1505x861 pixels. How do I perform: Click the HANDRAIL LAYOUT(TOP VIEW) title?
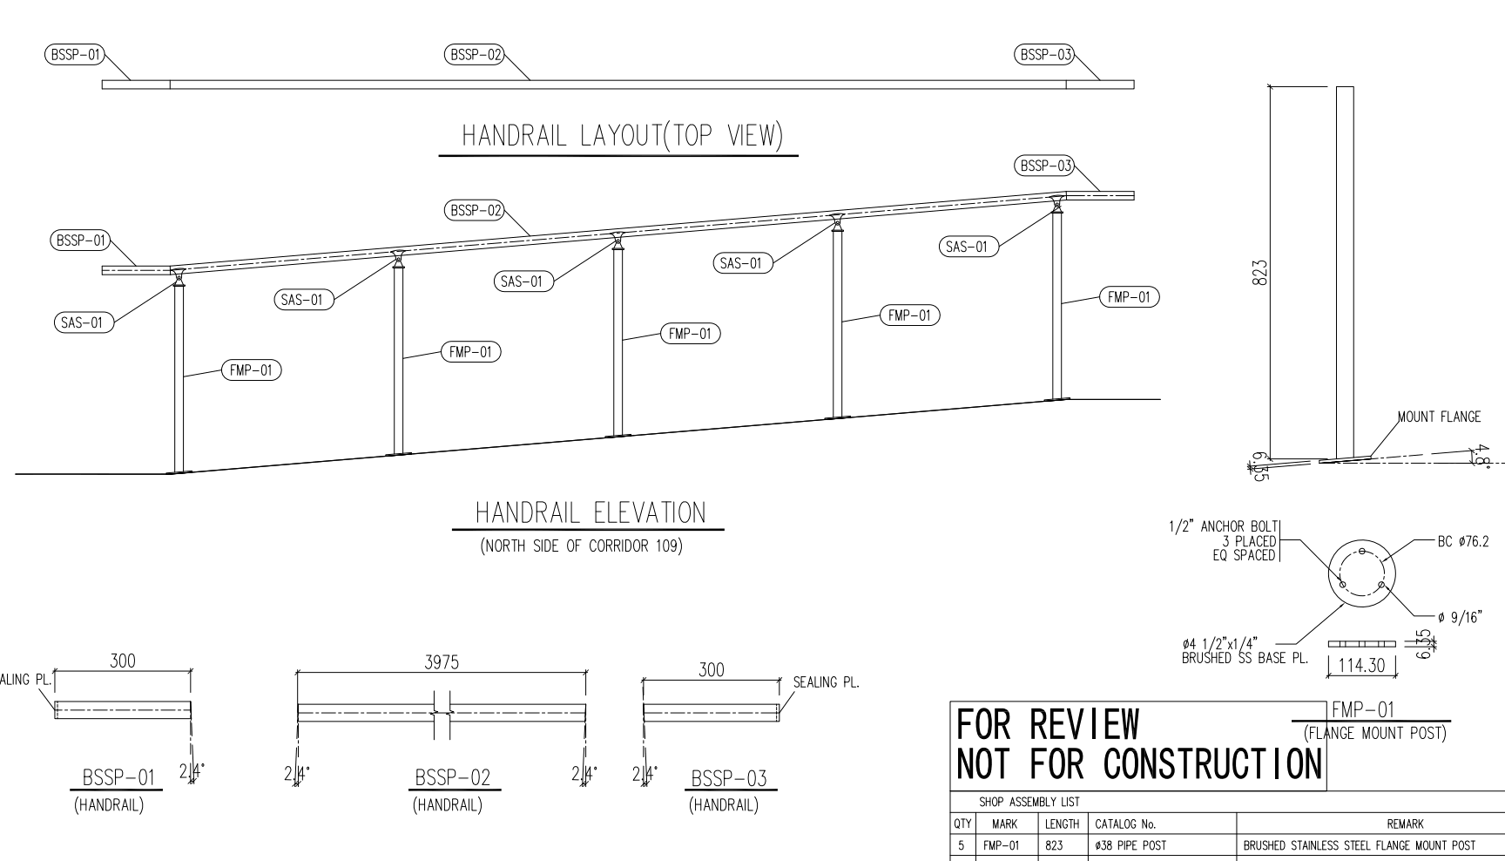pos(622,136)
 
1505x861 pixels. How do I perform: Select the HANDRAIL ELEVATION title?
pos(590,512)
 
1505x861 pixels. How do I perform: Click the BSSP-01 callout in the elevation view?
pos(78,241)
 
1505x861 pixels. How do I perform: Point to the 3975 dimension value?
pos(442,662)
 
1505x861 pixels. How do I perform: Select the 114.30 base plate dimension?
pos(1361,666)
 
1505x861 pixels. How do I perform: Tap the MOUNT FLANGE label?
pos(1439,417)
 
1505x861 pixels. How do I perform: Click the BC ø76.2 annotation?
pos(1462,541)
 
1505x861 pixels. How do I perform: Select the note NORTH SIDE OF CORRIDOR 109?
pos(581,547)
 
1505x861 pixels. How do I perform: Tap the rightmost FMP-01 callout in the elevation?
pos(1129,297)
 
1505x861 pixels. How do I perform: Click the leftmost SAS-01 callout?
pos(81,322)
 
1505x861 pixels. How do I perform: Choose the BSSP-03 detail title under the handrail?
pos(728,778)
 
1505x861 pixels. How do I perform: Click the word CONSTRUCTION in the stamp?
pos(1211,764)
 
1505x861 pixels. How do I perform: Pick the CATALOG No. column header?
pos(1125,824)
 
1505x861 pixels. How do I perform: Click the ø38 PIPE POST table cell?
pos(1130,845)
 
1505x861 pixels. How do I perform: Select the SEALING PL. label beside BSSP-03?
pos(826,682)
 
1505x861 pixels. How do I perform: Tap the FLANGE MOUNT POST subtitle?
pos(1375,733)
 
